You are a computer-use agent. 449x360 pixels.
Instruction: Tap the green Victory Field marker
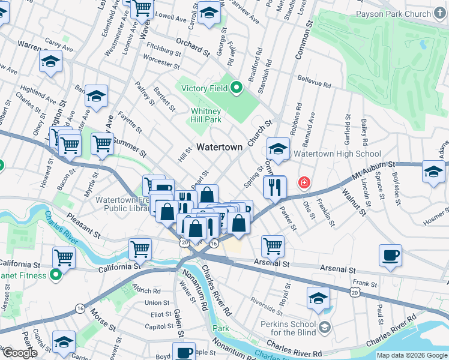point(236,88)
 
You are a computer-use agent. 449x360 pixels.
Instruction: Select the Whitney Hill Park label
point(206,115)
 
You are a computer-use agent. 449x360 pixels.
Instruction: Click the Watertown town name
point(220,147)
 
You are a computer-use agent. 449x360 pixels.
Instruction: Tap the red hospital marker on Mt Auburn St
point(305,181)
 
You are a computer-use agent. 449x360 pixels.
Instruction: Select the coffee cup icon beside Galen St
point(184,352)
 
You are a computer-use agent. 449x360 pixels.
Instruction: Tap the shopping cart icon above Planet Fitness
point(64,257)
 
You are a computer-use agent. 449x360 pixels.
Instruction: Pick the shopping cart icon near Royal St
point(273,244)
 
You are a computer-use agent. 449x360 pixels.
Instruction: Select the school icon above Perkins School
point(318,297)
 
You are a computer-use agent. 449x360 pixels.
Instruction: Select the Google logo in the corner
point(19,353)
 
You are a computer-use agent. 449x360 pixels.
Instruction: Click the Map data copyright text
point(412,355)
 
